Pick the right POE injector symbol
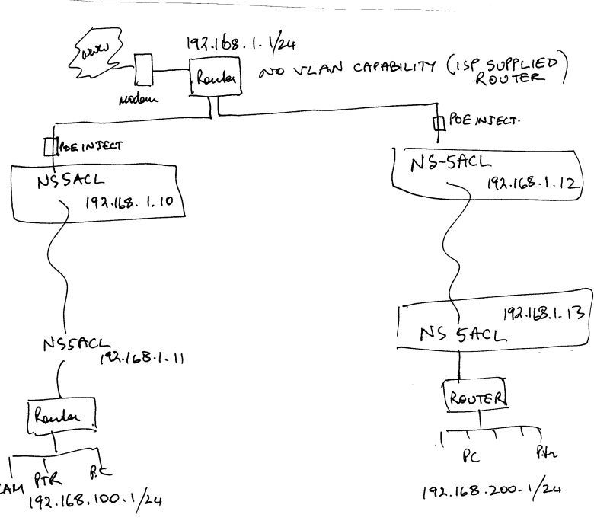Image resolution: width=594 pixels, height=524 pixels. coord(438,123)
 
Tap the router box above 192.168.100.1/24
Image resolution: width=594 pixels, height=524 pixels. coord(63,415)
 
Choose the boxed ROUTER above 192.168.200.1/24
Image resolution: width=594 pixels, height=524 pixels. coord(475,397)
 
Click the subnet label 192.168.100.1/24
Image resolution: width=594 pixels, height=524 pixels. coord(95,501)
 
